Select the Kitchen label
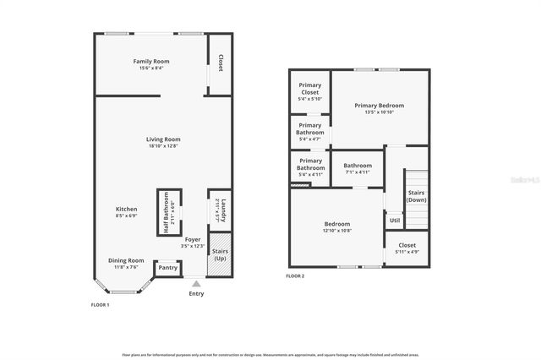[126, 211]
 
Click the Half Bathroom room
[168, 213]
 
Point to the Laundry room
[218, 211]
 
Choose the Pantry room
[168, 268]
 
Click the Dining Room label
[126, 263]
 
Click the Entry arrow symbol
[196, 284]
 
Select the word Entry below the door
[196, 294]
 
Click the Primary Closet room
[309, 94]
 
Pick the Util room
[395, 221]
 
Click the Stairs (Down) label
[416, 196]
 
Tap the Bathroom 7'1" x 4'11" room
[358, 168]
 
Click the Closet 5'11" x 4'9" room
[407, 248]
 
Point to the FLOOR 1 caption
[100, 304]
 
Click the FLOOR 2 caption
[295, 276]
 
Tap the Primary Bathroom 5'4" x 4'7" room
[310, 132]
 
